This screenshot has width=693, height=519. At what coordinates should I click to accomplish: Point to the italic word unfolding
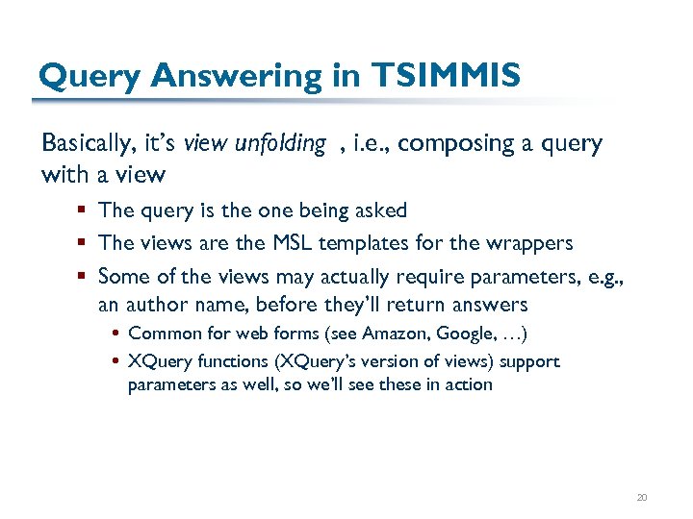pyautogui.click(x=280, y=144)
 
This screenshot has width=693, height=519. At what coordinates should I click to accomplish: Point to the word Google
pyautogui.click(x=465, y=334)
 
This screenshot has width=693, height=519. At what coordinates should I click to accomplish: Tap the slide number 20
pyautogui.click(x=641, y=497)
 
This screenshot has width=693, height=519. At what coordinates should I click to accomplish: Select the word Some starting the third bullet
pyautogui.click(x=121, y=277)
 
